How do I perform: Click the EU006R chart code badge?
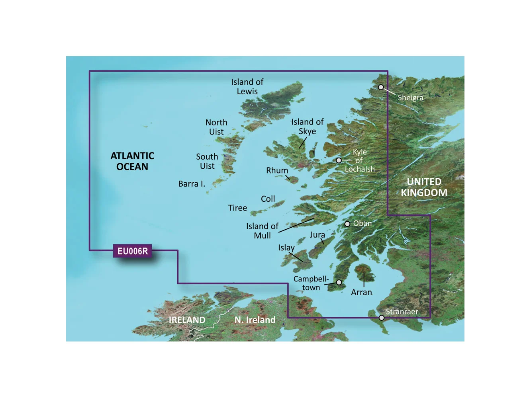133,251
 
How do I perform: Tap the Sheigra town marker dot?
381,87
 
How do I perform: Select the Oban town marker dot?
347,224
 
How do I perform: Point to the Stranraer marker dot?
382,318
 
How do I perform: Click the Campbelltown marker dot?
339,282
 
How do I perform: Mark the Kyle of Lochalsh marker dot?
339,160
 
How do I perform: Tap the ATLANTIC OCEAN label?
132,161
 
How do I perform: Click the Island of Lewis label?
247,87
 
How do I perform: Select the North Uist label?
216,127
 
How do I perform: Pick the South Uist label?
207,161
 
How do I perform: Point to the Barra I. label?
192,184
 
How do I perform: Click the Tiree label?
237,208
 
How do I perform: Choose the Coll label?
268,199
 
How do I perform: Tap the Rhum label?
277,170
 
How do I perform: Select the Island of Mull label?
262,231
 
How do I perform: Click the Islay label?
286,248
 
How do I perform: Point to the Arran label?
361,293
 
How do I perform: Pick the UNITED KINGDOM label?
424,187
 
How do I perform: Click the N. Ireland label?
255,320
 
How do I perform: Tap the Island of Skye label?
307,127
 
